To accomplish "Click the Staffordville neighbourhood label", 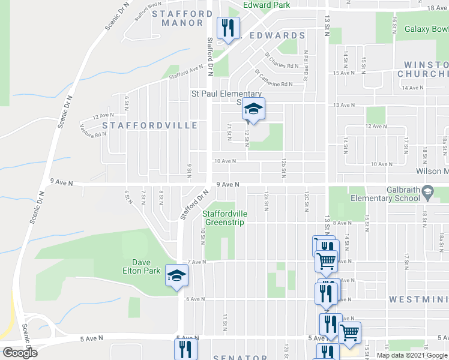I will pos(149,125).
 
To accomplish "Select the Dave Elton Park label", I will pos(141,266).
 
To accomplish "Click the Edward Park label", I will pos(266,5).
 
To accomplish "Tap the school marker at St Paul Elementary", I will pos(253,110).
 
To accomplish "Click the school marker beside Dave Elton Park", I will pos(177,275).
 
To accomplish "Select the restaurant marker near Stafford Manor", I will pos(228,28).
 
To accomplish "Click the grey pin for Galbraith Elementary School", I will pos(427,193).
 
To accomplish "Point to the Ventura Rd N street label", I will pos(93,130).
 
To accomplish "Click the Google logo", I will pos(20,353).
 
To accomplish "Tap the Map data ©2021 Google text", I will pos(411,355).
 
